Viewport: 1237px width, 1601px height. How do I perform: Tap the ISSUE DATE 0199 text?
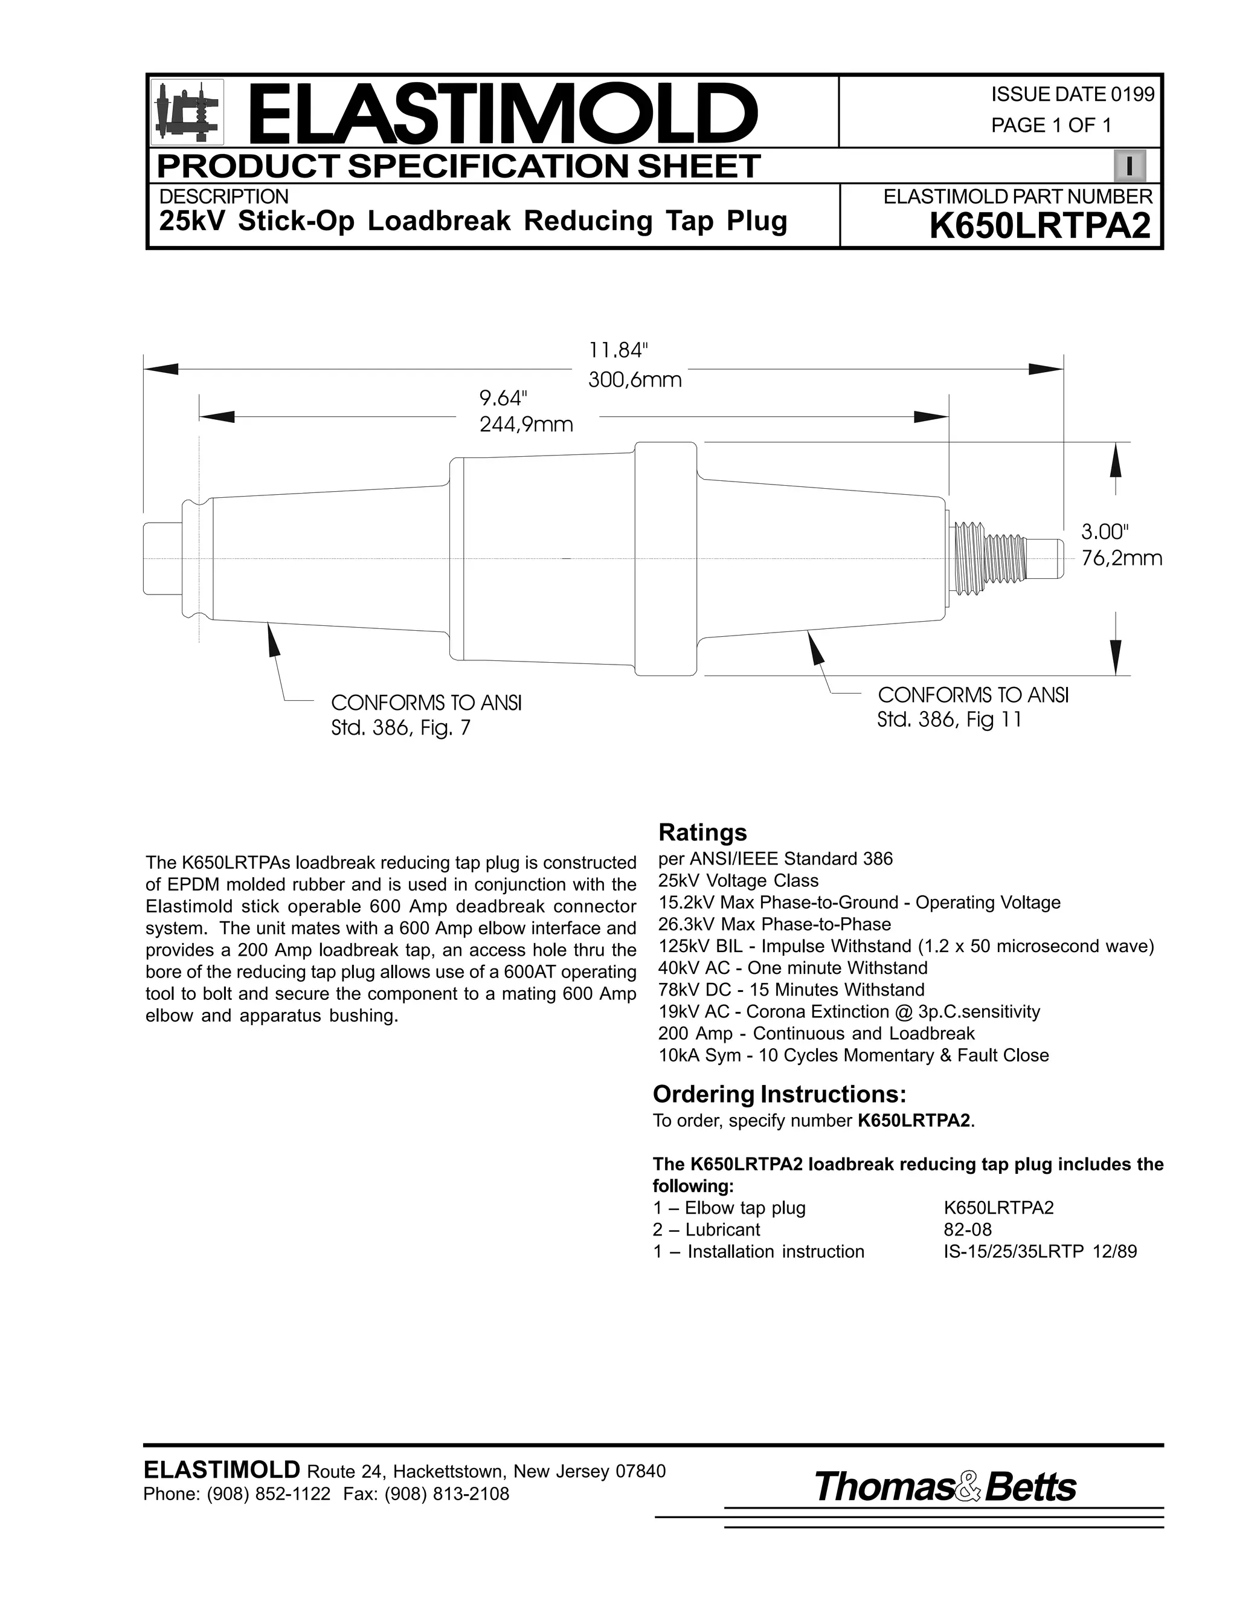point(1072,95)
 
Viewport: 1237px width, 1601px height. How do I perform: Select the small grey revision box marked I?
point(1129,166)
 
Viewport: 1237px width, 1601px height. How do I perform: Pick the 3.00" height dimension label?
point(1106,530)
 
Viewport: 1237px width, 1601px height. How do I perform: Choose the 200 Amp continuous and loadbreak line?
point(817,1033)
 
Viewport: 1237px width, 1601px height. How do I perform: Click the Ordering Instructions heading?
point(780,1095)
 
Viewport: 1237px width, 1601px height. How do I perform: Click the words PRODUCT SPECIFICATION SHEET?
point(459,166)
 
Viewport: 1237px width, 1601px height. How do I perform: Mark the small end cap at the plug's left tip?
point(162,559)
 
